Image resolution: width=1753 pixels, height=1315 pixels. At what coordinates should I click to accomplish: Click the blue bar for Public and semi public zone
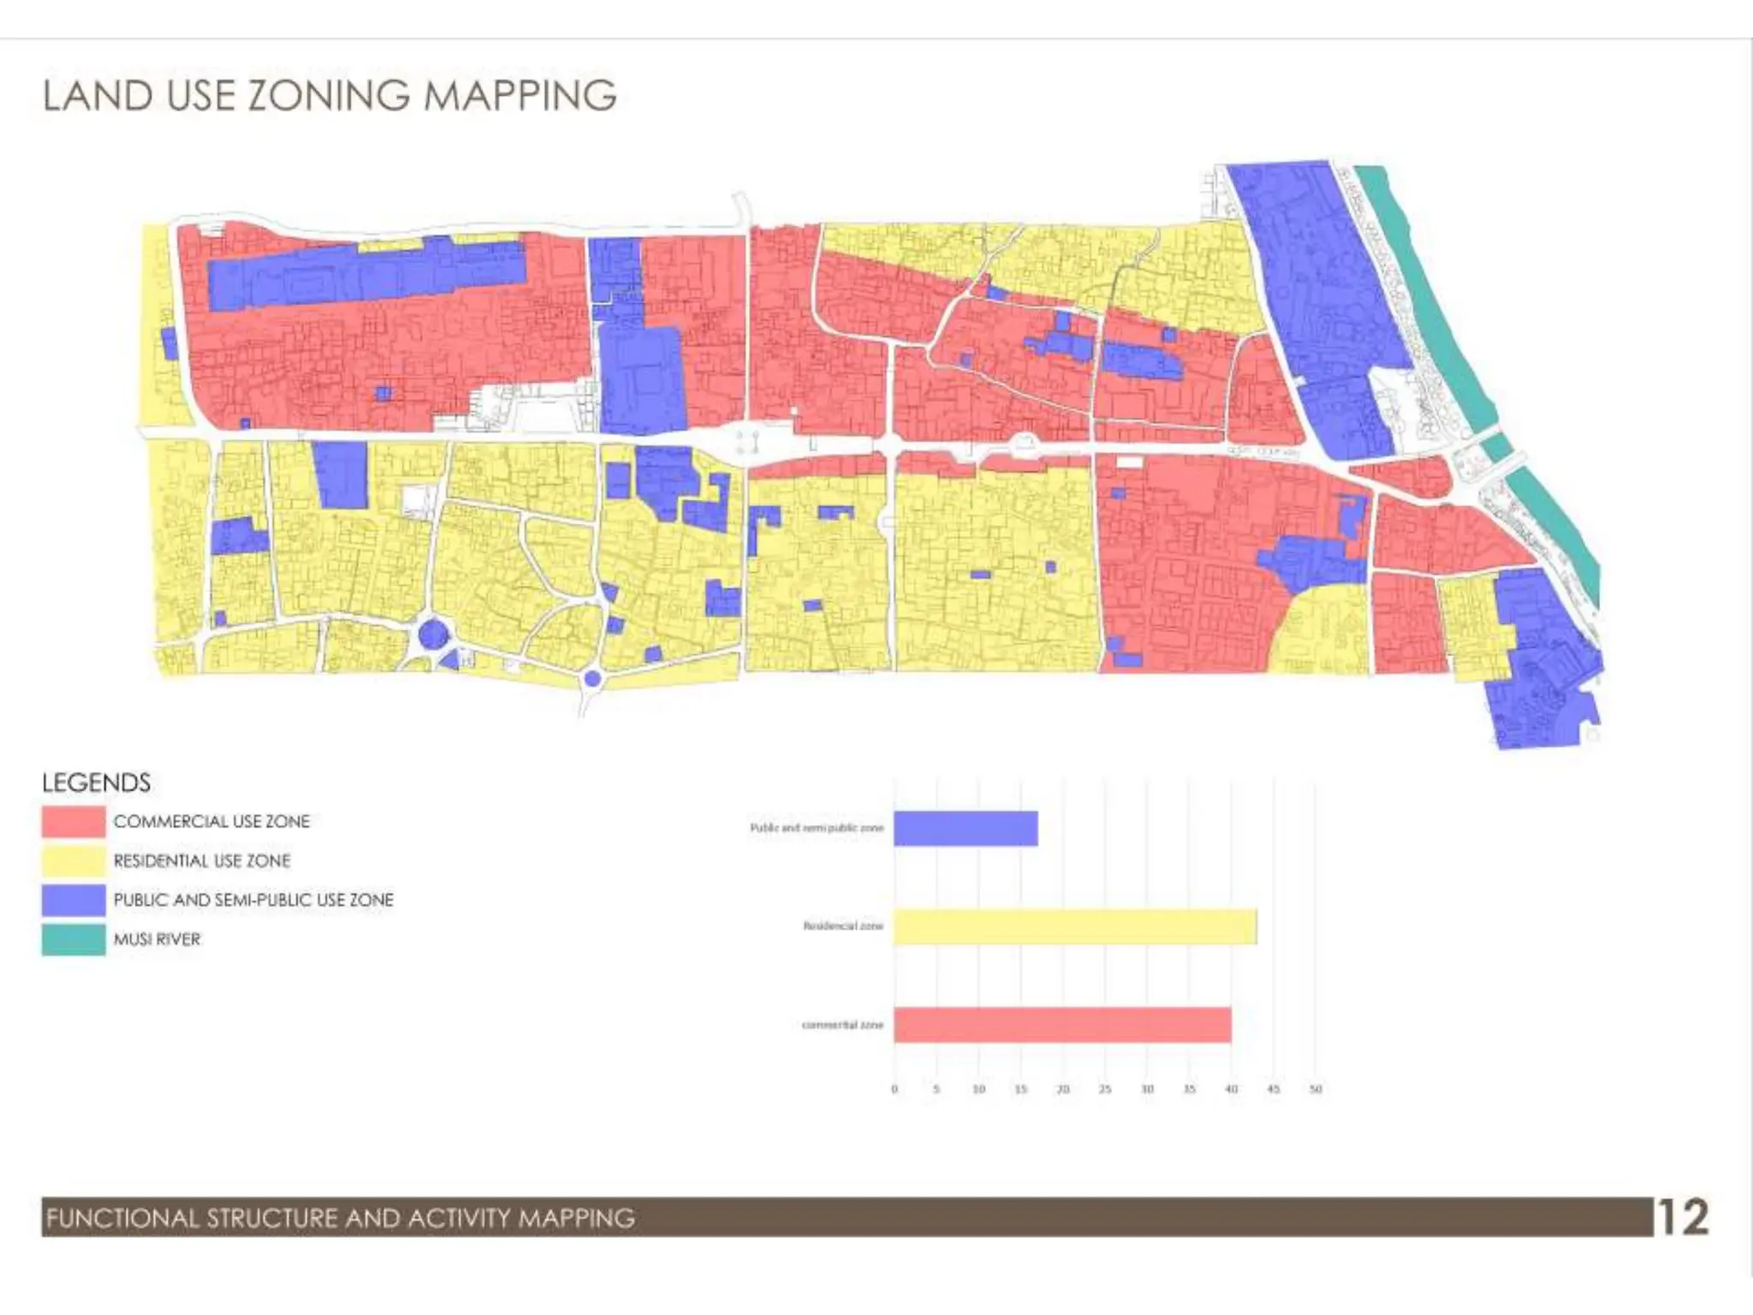[966, 828]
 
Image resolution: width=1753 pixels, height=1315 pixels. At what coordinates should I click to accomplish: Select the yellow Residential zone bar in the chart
[1075, 926]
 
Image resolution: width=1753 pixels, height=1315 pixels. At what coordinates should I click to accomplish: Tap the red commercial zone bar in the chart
[1062, 1025]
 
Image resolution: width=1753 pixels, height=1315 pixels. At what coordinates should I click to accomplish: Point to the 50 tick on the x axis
[1316, 1089]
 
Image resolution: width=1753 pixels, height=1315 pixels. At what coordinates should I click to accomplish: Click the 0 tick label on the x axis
[894, 1089]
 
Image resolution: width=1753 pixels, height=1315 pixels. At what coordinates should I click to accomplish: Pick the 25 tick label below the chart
[1105, 1089]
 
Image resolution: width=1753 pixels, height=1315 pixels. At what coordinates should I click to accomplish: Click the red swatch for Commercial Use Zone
[74, 822]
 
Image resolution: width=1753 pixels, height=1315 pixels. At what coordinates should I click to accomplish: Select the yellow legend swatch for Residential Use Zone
[74, 861]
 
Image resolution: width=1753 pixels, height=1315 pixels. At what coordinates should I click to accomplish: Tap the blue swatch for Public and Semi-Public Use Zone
[74, 900]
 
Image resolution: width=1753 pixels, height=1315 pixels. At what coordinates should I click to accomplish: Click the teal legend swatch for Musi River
[74, 939]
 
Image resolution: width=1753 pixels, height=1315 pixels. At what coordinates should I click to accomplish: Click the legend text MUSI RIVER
[157, 939]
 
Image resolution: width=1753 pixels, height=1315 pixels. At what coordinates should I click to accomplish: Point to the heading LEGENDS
[96, 782]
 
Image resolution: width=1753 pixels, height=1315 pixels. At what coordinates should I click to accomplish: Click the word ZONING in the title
[329, 95]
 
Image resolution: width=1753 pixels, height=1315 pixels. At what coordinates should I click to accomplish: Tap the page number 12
[1682, 1217]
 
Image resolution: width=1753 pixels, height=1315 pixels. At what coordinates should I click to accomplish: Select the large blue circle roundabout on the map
[432, 636]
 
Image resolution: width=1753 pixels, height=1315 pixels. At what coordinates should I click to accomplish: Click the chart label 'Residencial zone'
[842, 926]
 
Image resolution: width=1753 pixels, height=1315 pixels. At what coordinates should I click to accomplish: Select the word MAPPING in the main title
[520, 95]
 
